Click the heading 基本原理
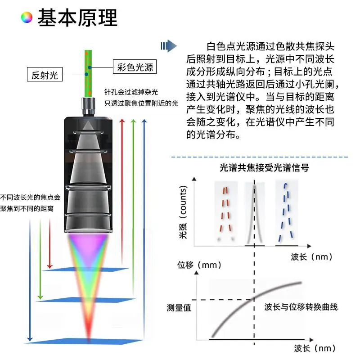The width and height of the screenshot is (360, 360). point(77,18)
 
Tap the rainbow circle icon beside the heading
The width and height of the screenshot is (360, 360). point(27,18)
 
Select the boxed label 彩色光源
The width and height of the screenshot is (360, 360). point(135,67)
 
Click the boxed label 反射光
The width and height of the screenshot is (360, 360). point(45,74)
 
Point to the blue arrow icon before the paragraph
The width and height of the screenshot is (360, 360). point(169,46)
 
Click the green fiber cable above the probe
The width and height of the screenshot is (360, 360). point(88,73)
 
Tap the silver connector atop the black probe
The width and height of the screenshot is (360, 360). point(88,106)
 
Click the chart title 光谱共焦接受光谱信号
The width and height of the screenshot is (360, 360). point(264,168)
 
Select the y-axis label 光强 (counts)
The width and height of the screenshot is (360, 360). point(183,212)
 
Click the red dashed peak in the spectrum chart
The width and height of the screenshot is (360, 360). point(226,213)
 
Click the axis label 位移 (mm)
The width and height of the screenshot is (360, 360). point(199,265)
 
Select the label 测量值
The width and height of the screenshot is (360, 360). point(179,308)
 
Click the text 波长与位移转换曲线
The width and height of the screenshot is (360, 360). point(301,307)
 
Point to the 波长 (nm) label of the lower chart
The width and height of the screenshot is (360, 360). point(315,348)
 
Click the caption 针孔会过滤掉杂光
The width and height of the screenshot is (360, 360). point(131,92)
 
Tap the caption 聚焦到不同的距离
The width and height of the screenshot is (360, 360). point(27,208)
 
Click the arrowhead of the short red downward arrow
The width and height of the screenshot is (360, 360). point(49,267)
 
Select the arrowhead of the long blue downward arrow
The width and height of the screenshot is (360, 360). point(30,339)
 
